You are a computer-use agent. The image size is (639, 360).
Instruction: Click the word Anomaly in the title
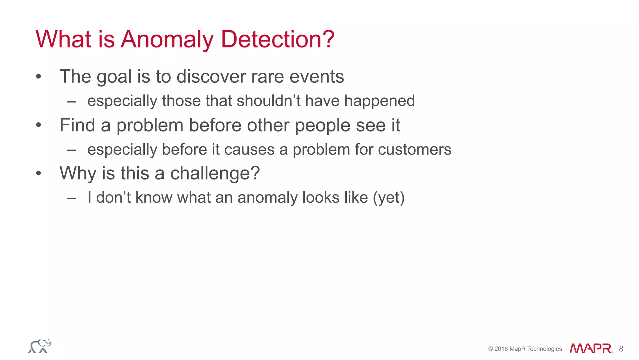167,40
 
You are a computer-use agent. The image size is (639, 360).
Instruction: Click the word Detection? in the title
278,40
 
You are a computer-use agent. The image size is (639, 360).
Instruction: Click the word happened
379,101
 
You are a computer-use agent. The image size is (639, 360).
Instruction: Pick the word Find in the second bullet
77,125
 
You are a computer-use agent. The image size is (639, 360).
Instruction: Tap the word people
323,126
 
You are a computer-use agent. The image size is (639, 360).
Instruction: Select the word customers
415,150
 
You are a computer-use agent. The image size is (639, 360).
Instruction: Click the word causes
249,150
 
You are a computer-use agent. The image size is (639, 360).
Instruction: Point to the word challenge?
215,173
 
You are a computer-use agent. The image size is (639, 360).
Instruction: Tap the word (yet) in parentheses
389,198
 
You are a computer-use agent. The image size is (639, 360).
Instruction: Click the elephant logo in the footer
40,346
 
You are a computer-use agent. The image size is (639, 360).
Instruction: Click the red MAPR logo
591,348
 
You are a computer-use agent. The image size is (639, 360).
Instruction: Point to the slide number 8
621,349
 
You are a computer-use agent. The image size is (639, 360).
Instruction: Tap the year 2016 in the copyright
501,349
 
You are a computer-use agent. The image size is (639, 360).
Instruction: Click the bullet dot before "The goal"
38,76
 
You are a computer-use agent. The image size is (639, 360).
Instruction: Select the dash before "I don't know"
71,198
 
